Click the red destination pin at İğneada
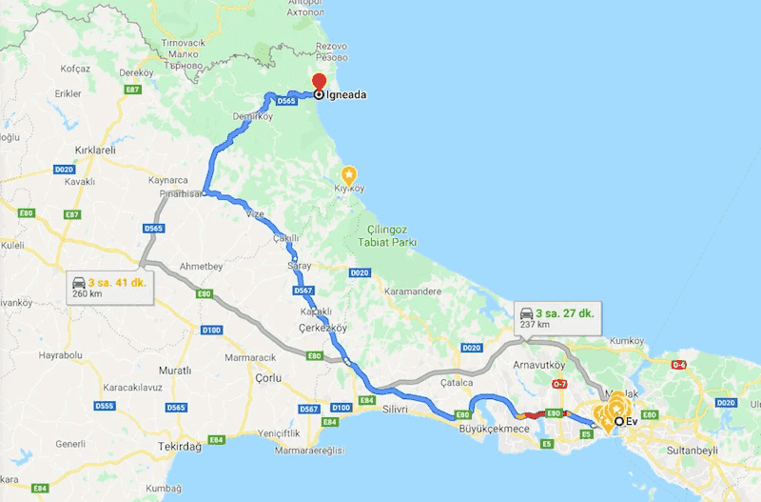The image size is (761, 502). pos(319,82)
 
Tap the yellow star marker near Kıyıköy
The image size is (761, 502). pos(349,174)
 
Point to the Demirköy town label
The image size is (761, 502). pos(252,116)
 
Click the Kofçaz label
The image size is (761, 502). pos(74,69)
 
